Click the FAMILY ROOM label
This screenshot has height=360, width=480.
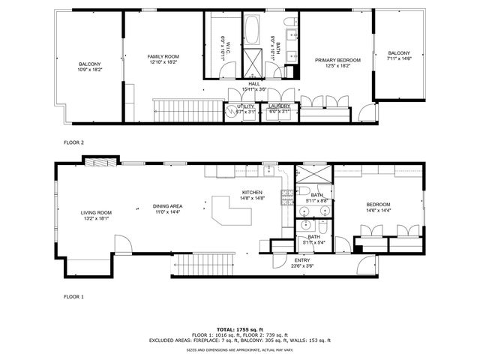(163, 57)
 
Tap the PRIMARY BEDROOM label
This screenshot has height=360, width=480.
(337, 60)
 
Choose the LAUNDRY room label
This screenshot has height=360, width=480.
(279, 106)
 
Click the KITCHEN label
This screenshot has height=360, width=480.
(251, 193)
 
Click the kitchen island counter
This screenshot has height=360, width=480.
(232, 211)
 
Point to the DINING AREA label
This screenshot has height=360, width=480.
(168, 206)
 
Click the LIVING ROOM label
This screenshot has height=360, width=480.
(96, 213)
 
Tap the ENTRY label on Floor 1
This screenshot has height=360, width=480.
(302, 260)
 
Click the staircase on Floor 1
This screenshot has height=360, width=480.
(198, 264)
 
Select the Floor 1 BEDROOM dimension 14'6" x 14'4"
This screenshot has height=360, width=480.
(379, 211)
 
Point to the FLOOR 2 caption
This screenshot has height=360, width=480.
(73, 142)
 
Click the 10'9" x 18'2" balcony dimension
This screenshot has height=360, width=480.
(89, 69)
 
